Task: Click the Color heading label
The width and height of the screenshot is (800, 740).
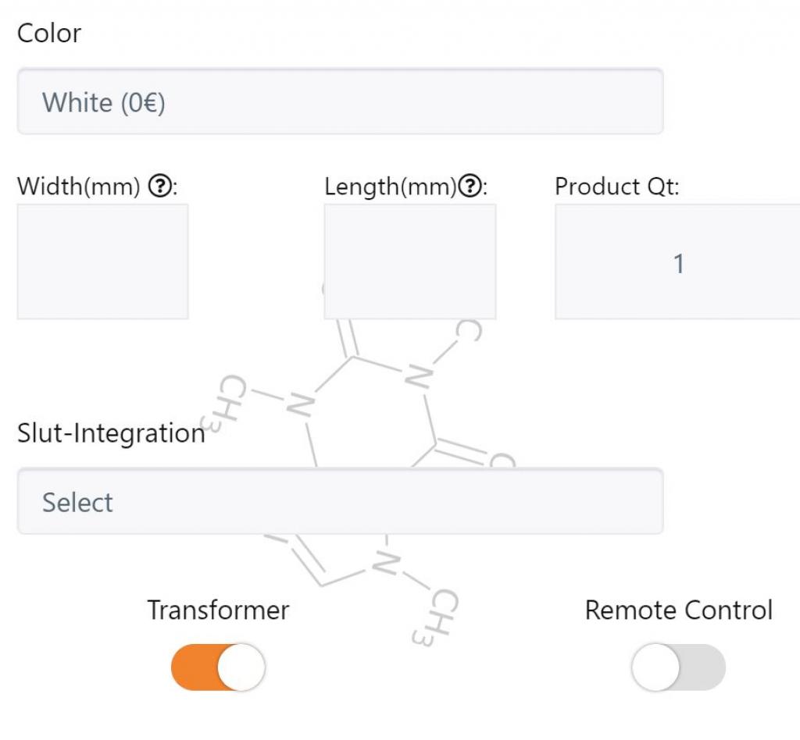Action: [49, 34]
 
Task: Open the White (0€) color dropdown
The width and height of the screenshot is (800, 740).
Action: [341, 101]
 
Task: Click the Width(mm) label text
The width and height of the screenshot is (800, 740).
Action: [79, 187]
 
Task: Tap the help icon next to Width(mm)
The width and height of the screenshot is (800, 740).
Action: [160, 186]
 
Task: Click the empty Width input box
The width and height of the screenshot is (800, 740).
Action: [103, 261]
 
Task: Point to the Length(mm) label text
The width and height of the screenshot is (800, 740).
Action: [391, 187]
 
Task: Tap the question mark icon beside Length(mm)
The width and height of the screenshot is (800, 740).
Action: [470, 186]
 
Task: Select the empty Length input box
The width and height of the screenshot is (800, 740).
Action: [410, 261]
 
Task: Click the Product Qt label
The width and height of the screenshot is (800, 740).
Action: [617, 186]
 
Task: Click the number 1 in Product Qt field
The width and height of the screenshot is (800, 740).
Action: [679, 264]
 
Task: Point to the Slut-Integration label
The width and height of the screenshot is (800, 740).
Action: [111, 433]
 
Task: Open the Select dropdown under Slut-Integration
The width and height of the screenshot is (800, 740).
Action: [341, 501]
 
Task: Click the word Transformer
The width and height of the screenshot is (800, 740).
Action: [219, 610]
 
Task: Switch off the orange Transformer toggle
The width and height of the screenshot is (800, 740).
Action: [218, 667]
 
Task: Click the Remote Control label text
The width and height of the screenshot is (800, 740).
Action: [679, 610]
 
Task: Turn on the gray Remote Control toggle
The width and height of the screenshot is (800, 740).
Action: [678, 667]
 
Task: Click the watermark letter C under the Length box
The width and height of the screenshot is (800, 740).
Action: [469, 331]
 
